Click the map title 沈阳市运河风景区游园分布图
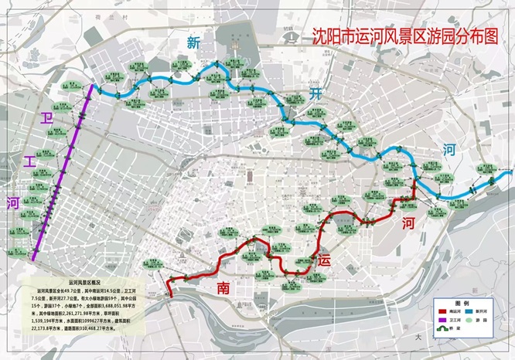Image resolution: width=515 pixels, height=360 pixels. [402, 37]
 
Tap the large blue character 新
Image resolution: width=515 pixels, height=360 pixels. [192, 43]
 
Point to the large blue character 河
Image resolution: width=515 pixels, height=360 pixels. [449, 150]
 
